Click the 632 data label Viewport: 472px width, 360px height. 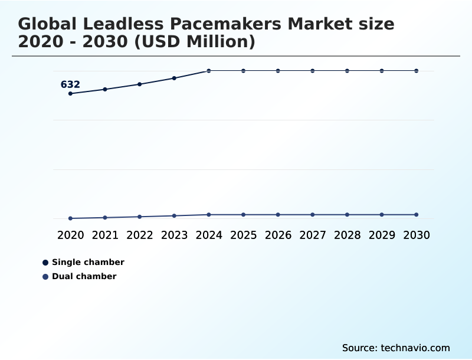click(70, 84)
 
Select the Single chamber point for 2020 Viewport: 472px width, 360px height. click(70, 93)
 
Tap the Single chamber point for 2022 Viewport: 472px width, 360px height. click(140, 84)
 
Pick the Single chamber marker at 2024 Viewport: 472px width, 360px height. click(209, 71)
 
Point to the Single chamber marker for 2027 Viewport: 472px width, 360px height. click(313, 71)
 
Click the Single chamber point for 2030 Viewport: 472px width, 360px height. click(417, 71)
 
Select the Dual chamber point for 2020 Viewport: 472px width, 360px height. click(70, 218)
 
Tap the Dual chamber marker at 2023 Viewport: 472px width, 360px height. click(174, 216)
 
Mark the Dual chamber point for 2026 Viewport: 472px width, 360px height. click(278, 215)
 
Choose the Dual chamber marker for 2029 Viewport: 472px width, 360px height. click(382, 215)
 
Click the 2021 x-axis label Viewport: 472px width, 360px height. click(105, 235)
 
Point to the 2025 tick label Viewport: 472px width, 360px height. click(243, 235)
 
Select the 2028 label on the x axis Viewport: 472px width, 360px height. click(347, 235)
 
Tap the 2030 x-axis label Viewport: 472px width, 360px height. click(417, 235)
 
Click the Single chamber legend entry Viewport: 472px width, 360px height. click(87, 262)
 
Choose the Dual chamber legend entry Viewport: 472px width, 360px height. click(84, 276)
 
